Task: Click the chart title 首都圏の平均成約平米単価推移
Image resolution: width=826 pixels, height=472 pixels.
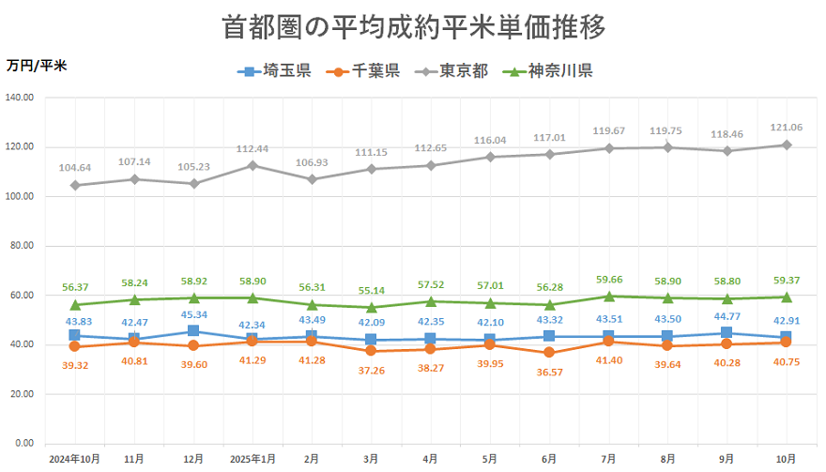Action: (x=414, y=26)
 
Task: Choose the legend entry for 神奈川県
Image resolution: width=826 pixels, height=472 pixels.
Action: (x=548, y=71)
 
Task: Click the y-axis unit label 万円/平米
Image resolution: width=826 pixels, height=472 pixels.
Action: (x=36, y=66)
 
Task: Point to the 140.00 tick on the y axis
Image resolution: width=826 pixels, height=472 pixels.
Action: (x=20, y=98)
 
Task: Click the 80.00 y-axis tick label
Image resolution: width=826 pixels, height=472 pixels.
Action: (x=22, y=246)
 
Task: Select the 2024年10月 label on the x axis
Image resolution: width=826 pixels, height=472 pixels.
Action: (x=74, y=460)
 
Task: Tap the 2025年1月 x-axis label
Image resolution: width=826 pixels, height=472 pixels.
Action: (x=252, y=460)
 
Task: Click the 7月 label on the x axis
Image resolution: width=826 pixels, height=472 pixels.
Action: (x=608, y=460)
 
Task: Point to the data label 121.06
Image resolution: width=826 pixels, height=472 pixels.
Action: (x=787, y=127)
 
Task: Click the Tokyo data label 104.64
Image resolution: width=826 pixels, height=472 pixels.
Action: (x=74, y=168)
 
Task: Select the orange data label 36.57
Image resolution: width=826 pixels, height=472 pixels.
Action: (x=549, y=373)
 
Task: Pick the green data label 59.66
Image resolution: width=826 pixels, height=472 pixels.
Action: (x=608, y=279)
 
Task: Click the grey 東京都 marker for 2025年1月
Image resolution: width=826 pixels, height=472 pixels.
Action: (x=252, y=165)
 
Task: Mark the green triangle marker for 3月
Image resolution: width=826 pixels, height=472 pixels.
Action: (x=372, y=307)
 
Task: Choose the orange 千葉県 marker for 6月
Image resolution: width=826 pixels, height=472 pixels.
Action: (x=549, y=353)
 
